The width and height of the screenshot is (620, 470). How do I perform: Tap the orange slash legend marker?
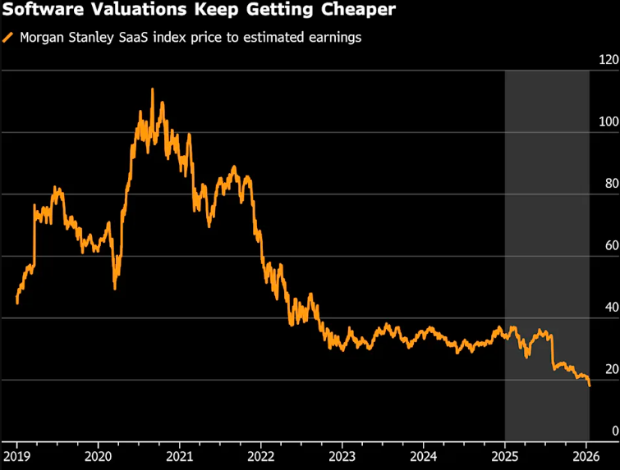click(x=8, y=38)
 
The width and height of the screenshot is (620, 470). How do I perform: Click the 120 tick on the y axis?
click(x=609, y=60)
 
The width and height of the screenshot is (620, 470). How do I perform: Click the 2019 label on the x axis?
click(x=17, y=456)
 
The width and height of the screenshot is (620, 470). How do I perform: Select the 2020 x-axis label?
click(x=98, y=456)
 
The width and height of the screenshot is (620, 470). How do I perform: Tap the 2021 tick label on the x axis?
click(x=179, y=456)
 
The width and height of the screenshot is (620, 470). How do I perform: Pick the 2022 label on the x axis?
click(x=260, y=456)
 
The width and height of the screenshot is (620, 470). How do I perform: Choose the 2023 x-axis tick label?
click(x=342, y=456)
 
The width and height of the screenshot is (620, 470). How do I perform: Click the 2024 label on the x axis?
click(x=423, y=456)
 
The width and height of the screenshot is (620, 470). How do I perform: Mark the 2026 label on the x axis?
click(x=586, y=456)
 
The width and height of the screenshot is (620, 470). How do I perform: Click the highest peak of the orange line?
click(x=152, y=89)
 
